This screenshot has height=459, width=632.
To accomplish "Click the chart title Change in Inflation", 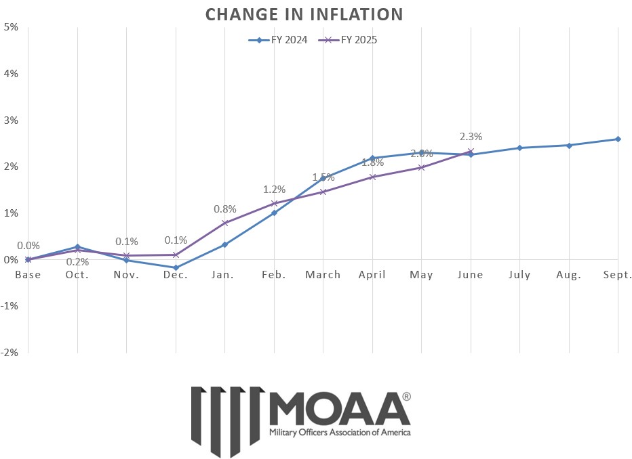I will (304, 14).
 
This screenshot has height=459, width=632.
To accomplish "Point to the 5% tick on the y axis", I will (10, 27).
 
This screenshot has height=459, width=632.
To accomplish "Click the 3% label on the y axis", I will (10, 121).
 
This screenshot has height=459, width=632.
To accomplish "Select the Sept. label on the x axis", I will (617, 275).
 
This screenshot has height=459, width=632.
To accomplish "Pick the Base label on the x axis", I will (28, 275).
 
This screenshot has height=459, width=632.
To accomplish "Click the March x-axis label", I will (323, 275).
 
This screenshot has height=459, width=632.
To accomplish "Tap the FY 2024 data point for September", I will (618, 139).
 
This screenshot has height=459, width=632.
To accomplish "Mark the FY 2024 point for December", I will (176, 267).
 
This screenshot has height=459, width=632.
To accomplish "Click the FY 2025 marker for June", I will (471, 152).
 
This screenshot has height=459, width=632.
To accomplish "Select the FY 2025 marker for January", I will (224, 223).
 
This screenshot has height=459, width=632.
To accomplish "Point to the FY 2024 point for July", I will (519, 148).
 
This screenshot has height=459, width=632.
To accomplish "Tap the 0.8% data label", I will (224, 209).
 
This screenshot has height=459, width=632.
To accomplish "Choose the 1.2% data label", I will (274, 189).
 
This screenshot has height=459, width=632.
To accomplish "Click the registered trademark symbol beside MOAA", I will (406, 397).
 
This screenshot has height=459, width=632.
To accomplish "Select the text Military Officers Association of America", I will (340, 432).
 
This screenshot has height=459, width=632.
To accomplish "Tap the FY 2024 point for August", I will (569, 145).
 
